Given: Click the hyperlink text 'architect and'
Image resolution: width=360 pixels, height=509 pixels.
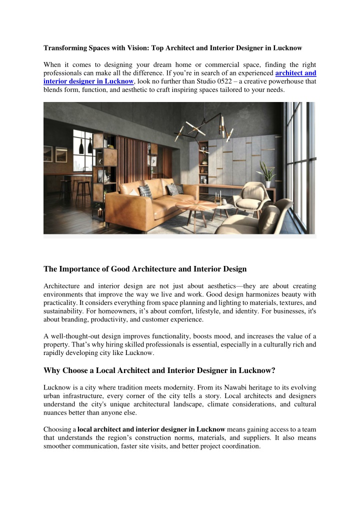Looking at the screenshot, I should pos(295,72).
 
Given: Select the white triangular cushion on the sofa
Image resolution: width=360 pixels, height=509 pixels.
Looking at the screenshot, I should pos(145,190).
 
